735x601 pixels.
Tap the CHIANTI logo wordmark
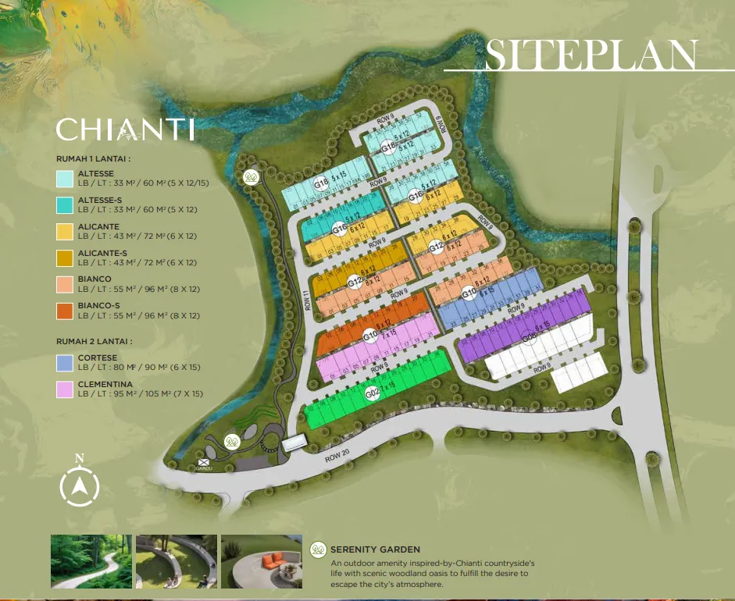click(125, 130)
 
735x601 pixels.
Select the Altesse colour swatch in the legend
click(65, 178)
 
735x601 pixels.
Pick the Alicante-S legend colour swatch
click(65, 258)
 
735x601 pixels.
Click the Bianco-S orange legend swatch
click(65, 311)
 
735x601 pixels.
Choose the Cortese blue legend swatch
click(65, 363)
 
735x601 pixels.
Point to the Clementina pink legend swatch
click(65, 389)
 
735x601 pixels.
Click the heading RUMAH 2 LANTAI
click(93, 341)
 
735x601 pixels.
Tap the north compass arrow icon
click(80, 485)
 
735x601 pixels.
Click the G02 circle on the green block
click(373, 395)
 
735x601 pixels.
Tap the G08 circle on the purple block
click(529, 337)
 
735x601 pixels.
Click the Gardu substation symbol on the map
click(205, 464)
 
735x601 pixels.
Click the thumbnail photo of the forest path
click(91, 561)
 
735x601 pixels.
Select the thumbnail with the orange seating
click(261, 561)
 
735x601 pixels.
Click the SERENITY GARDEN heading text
click(375, 550)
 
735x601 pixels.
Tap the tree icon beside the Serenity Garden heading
click(318, 550)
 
